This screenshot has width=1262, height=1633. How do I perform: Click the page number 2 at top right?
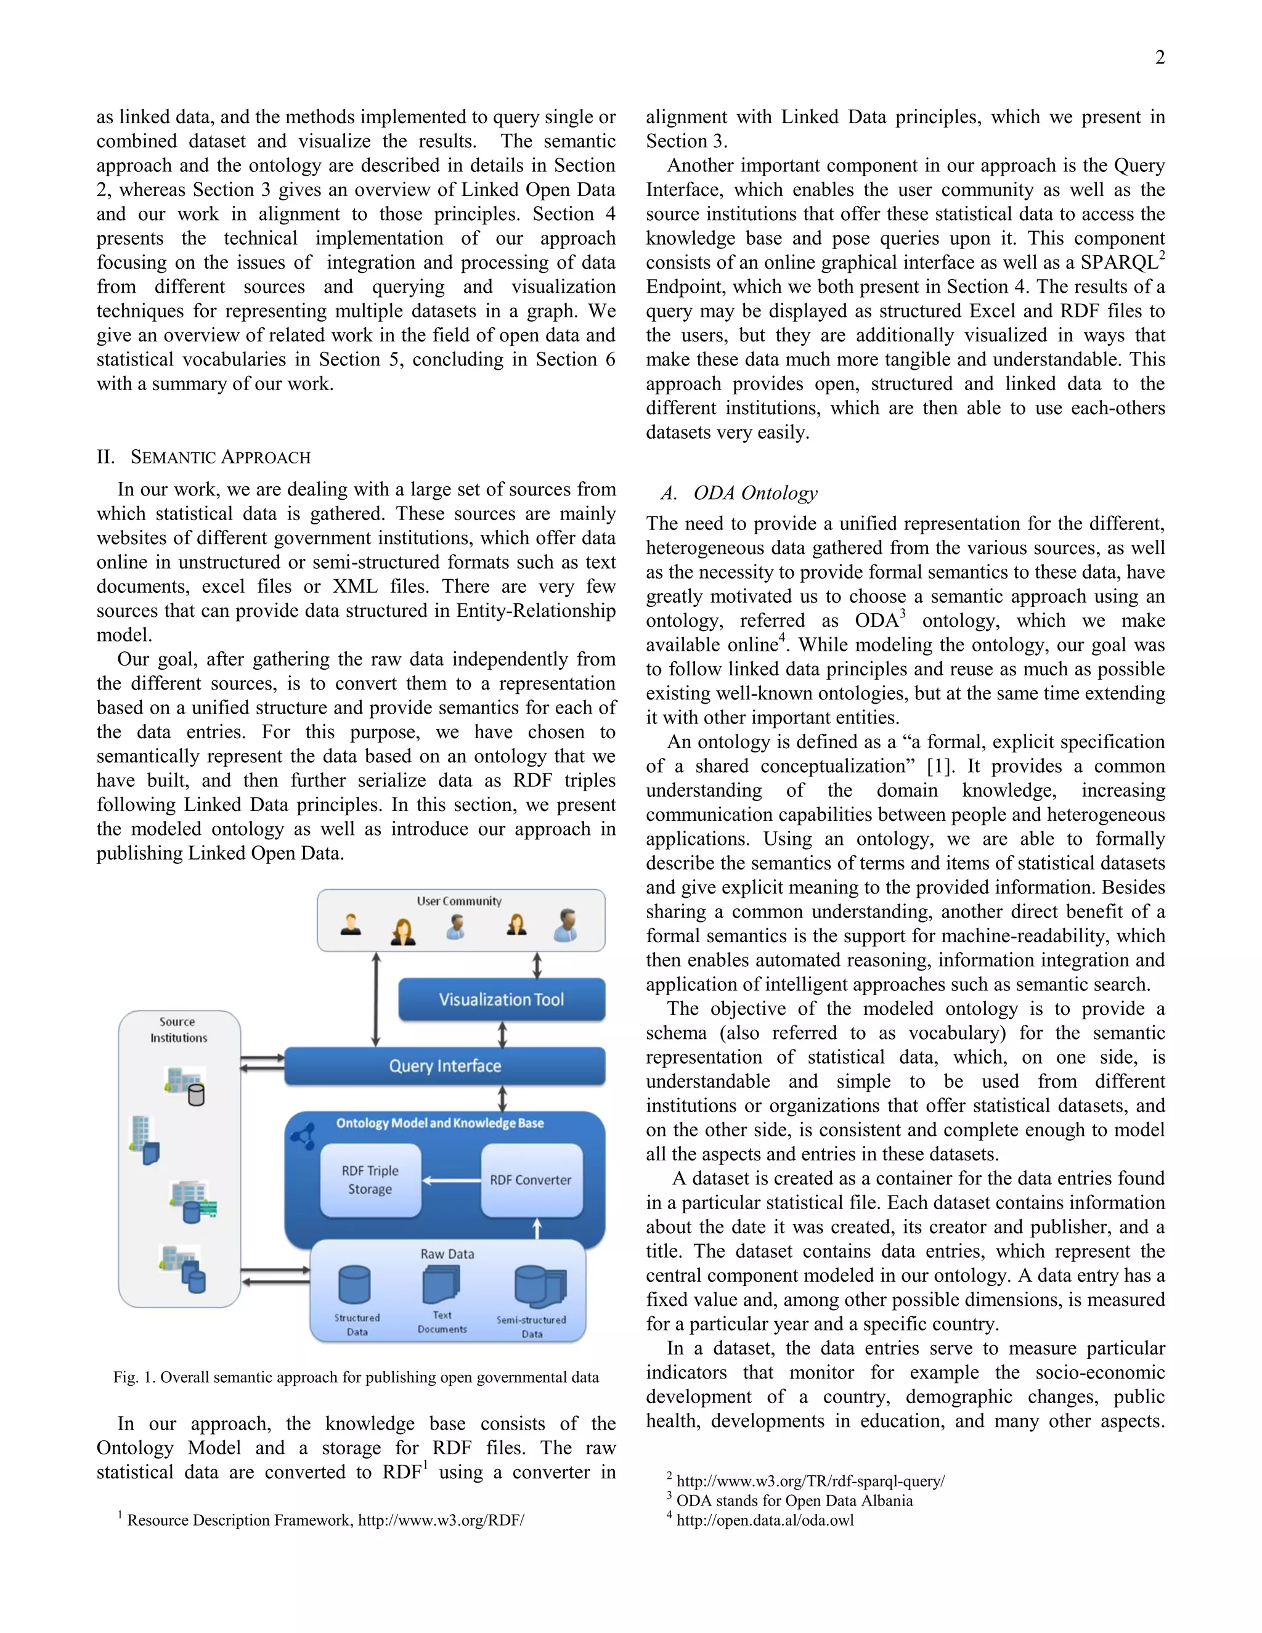point(1160,57)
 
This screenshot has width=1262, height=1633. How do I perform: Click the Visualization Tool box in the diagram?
point(501,999)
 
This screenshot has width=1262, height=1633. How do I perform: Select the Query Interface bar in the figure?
point(445,1065)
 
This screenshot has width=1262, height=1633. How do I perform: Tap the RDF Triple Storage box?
point(370,1180)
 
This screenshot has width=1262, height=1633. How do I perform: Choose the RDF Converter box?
point(531,1180)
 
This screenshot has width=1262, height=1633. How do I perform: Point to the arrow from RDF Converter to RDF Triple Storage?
point(452,1181)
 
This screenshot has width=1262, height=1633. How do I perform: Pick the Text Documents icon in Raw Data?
point(441,1285)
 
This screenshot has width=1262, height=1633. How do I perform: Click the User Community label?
point(459,901)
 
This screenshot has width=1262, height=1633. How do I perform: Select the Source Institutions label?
point(178,1030)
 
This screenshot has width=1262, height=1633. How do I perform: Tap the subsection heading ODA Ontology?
point(755,494)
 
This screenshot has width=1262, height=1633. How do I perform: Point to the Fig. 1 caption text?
point(356,1377)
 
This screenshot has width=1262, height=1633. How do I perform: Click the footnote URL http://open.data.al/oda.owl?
point(765,1520)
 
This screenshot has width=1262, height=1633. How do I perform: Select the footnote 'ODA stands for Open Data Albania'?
point(794,1501)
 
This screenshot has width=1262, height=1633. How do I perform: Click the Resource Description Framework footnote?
point(325,1520)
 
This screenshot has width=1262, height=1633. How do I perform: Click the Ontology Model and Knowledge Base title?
point(439,1123)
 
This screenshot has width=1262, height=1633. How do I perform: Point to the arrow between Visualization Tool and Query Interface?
point(502,1034)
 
